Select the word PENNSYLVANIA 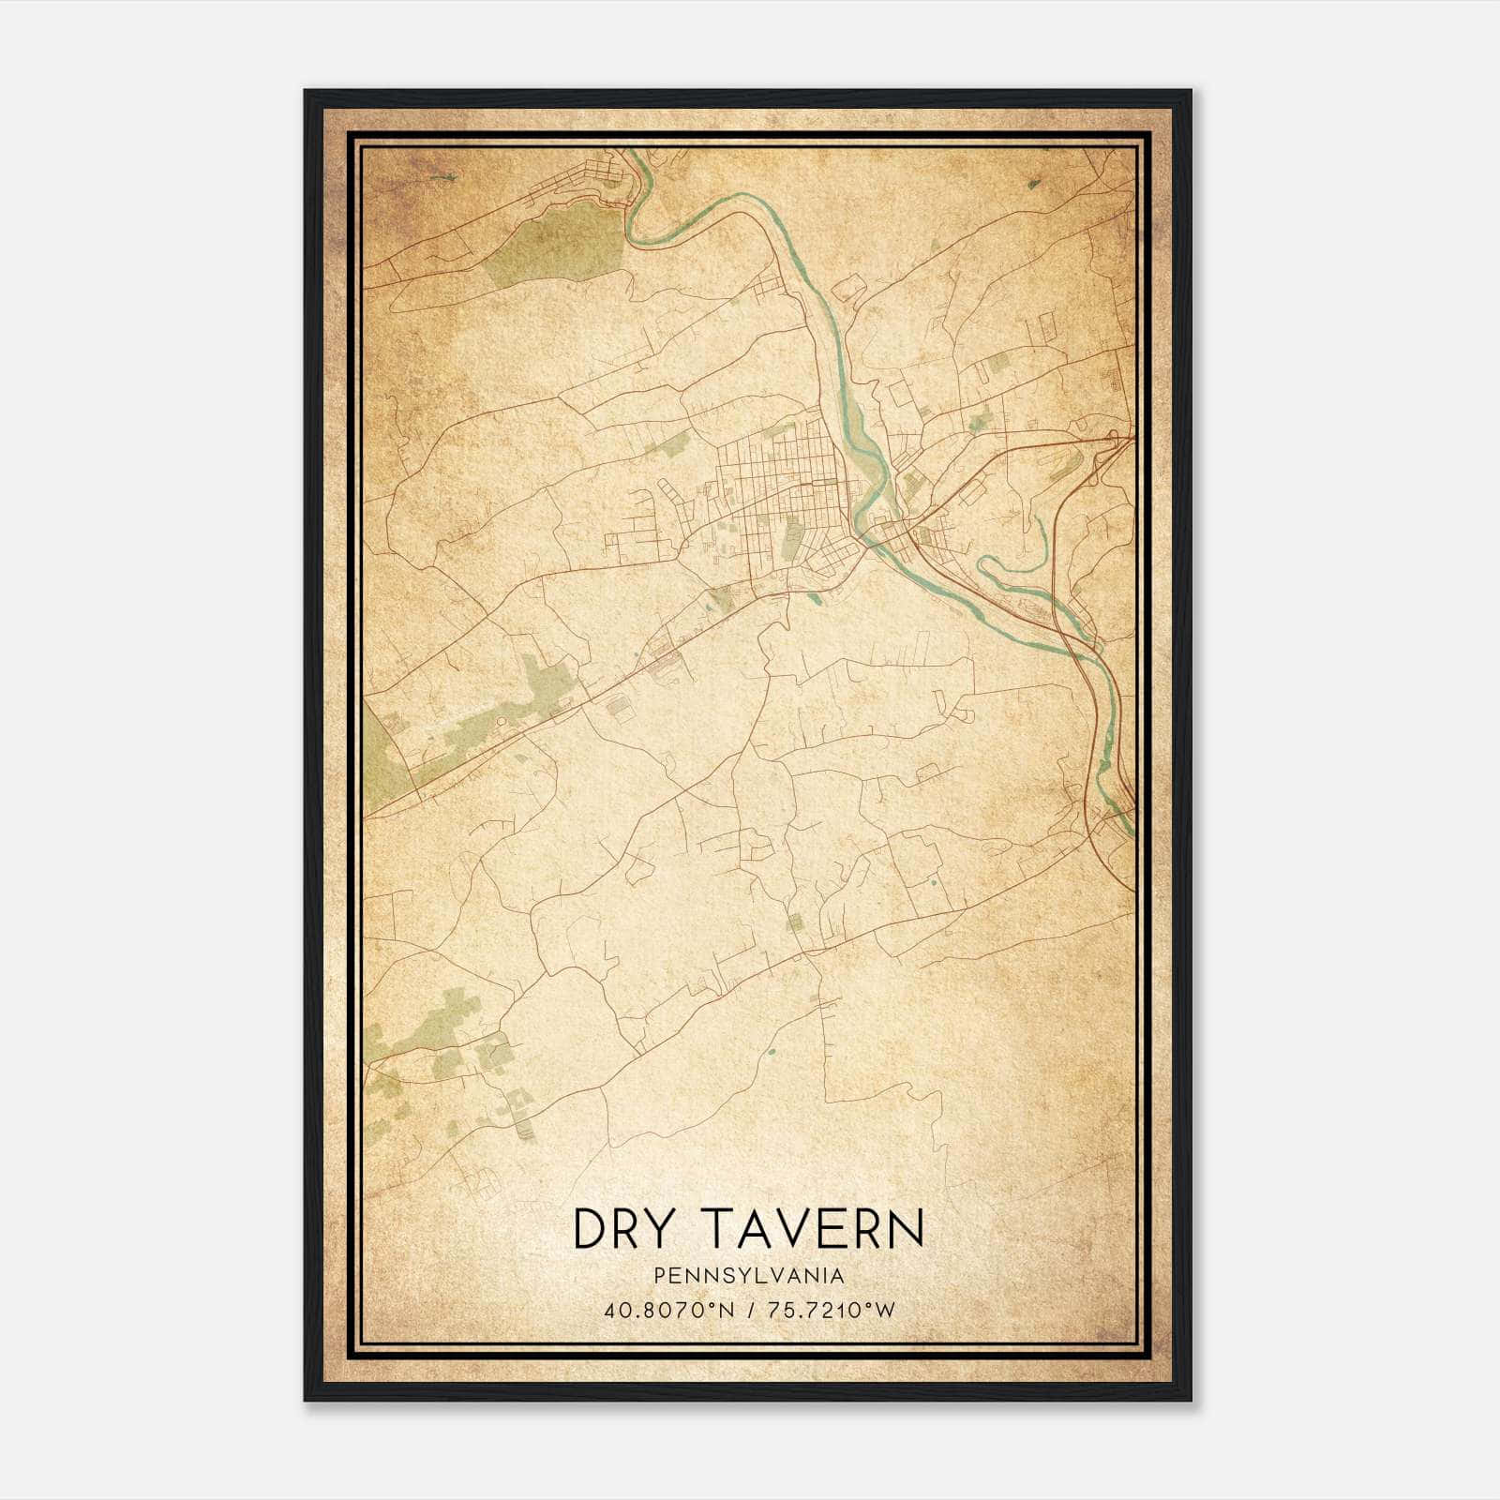click(749, 1276)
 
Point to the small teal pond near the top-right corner click(1033, 185)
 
